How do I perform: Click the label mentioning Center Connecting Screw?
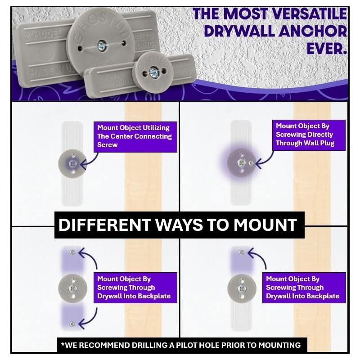click(135, 136)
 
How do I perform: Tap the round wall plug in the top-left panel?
click(72, 162)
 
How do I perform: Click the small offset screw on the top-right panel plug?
click(252, 162)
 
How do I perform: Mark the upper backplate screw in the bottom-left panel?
click(72, 252)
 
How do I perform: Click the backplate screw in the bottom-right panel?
click(242, 252)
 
